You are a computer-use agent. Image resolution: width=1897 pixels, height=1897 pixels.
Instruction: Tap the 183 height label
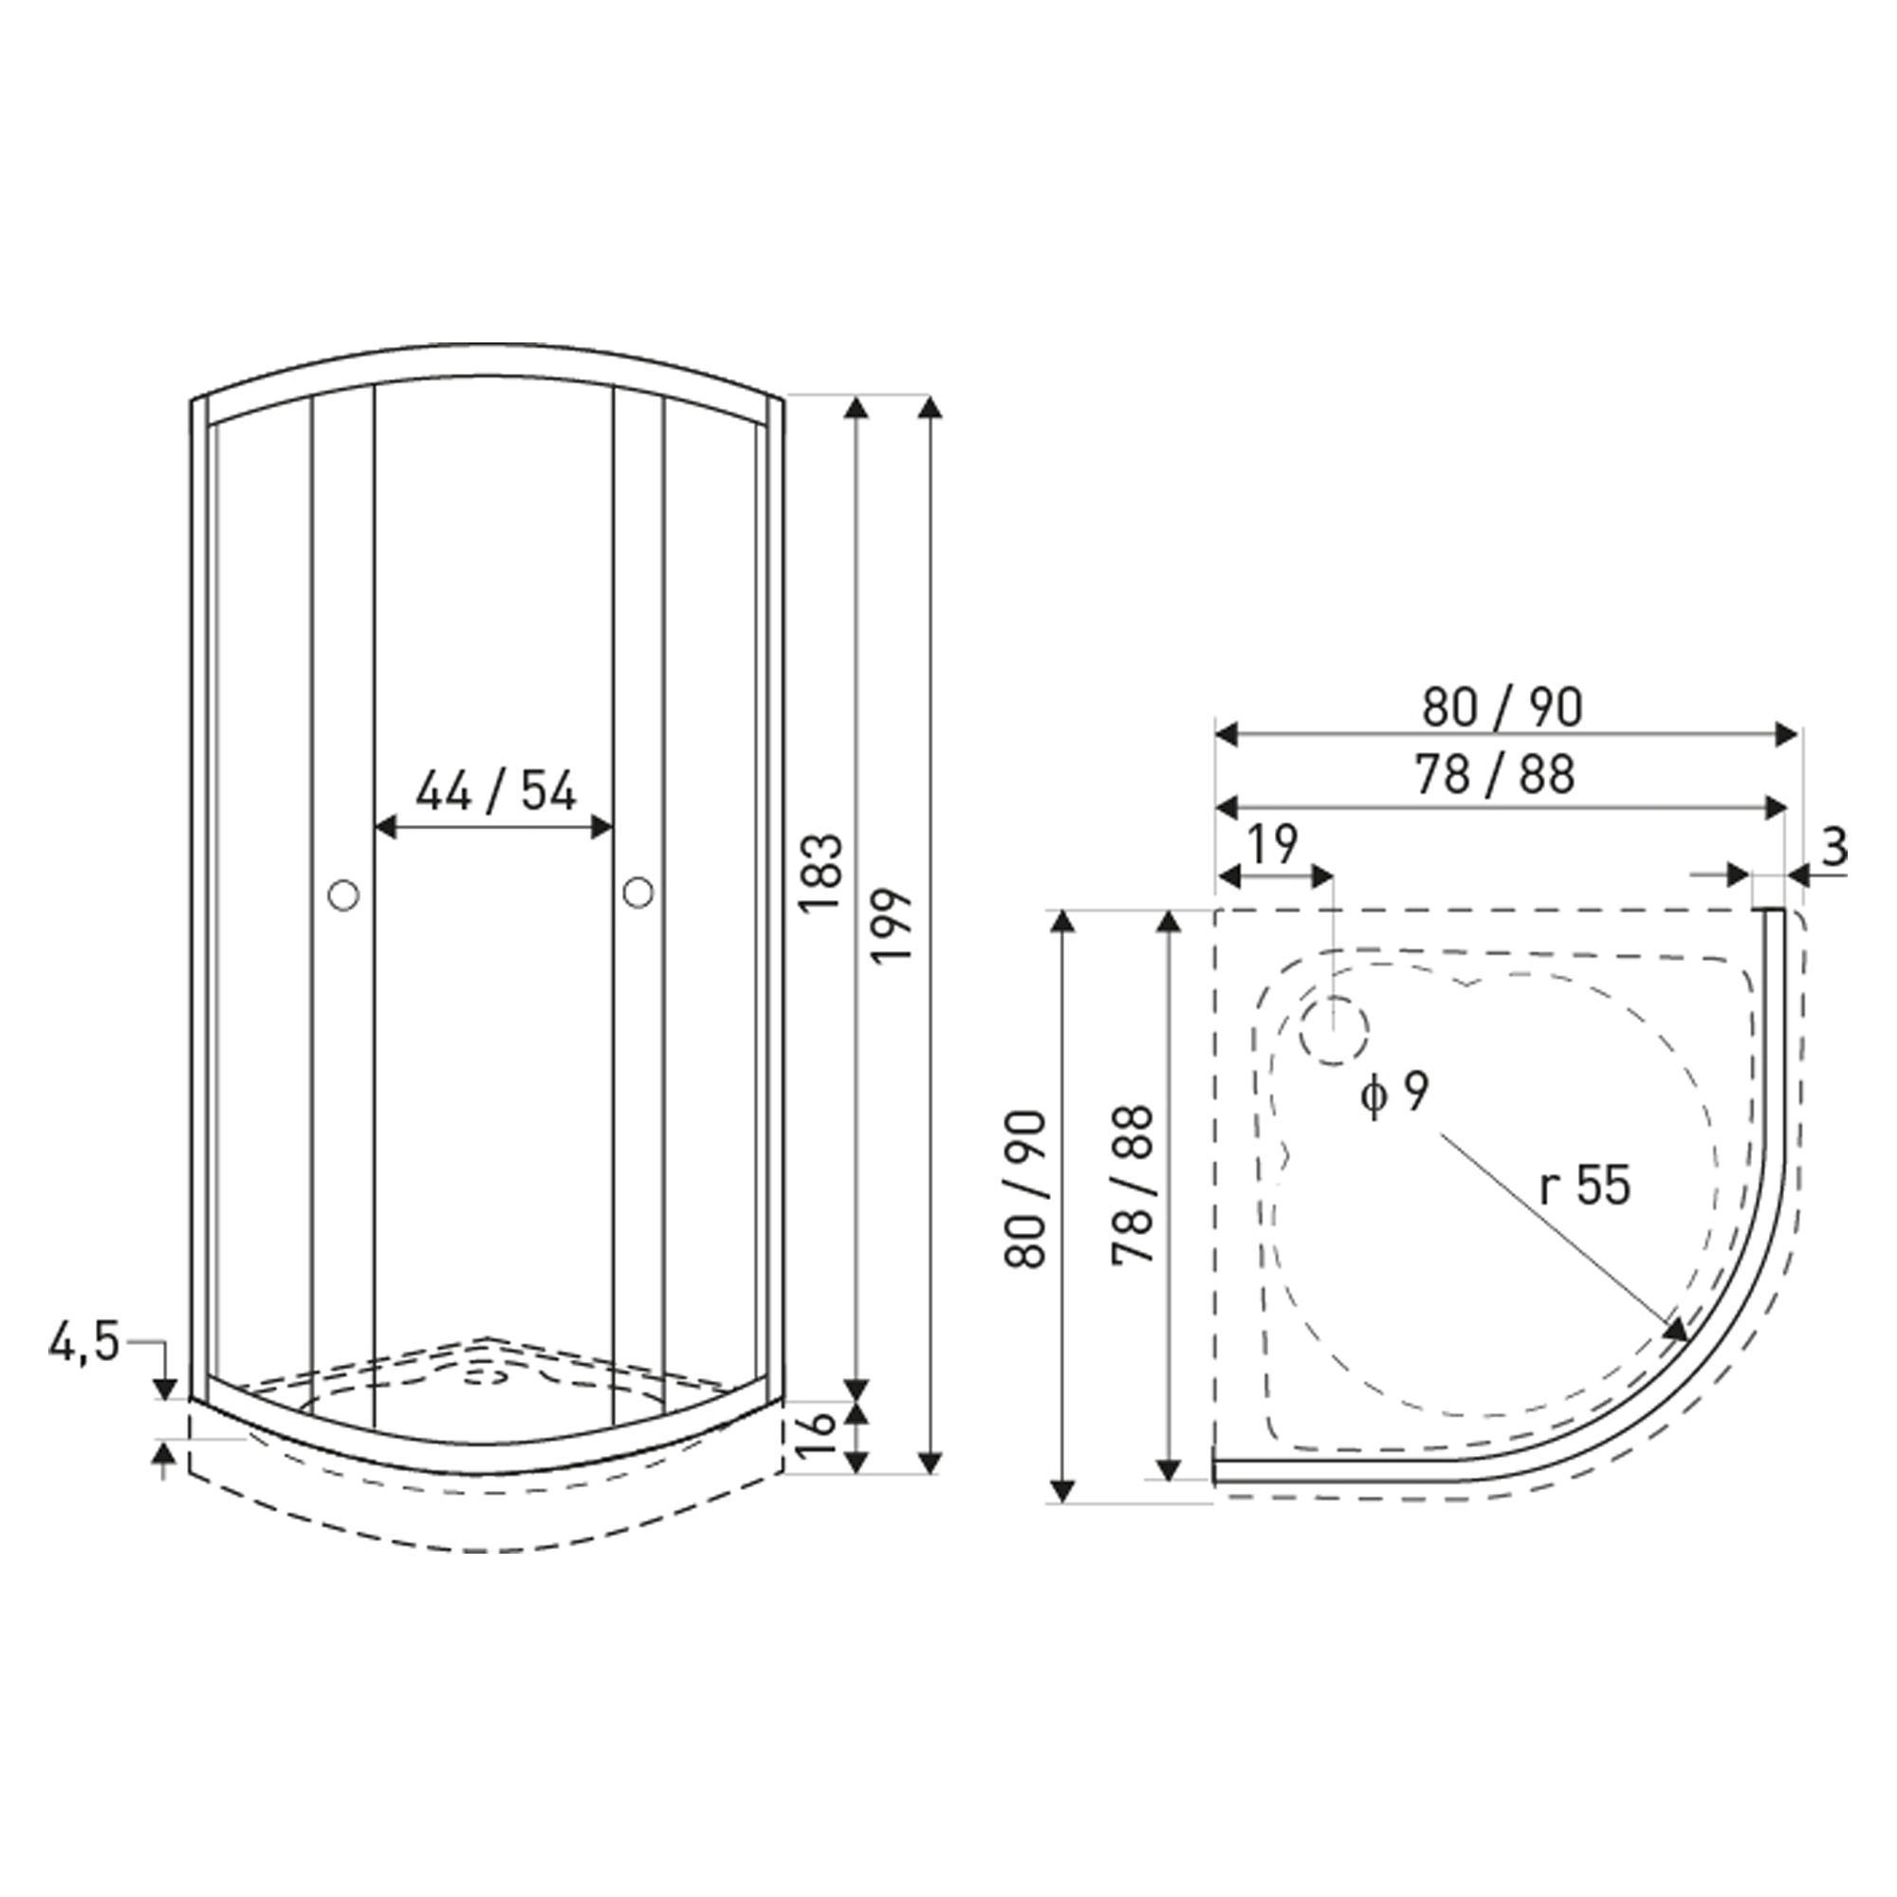point(820,874)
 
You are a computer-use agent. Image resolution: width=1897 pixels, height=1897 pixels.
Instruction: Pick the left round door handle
point(342,894)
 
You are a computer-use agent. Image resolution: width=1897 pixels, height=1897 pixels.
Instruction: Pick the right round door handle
point(637,892)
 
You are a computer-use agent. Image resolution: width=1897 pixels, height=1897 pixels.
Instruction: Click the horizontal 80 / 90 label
point(1502,707)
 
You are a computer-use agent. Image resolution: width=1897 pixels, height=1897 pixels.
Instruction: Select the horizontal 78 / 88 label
point(1496,775)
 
